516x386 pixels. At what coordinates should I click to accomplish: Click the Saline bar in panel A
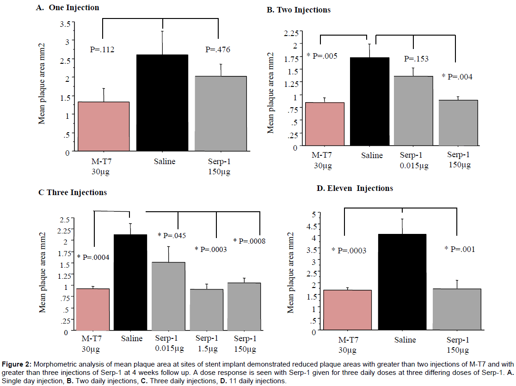coord(162,103)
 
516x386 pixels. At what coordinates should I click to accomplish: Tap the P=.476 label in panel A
coord(214,50)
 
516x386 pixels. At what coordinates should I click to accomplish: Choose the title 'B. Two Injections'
coord(299,10)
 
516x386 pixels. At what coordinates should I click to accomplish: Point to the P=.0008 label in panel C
coord(250,241)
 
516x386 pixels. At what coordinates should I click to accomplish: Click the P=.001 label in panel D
coord(460,249)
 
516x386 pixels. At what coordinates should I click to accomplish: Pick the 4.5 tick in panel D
coord(315,226)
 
